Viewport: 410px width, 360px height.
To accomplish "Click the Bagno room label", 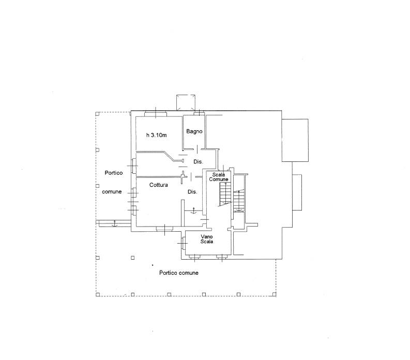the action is click(194, 131).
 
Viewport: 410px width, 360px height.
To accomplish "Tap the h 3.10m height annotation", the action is click(156, 135).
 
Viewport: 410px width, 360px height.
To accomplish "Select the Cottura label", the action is click(158, 185).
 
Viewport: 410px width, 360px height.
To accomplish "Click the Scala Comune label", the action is click(219, 177).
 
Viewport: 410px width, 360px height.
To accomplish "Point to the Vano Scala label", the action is click(207, 239).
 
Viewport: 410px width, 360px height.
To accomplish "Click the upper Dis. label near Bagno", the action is click(198, 162).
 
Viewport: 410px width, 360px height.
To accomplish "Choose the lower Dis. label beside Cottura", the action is click(192, 192).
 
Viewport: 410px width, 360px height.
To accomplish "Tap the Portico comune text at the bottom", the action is click(179, 273).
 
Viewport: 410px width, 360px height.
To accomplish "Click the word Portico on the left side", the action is click(113, 173).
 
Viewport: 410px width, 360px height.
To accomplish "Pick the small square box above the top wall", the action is click(186, 102).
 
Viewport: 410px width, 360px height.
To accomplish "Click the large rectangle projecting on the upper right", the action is click(295, 140).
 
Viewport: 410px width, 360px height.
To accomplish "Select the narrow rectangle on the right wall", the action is click(297, 192).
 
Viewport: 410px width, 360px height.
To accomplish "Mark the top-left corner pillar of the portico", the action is click(97, 114).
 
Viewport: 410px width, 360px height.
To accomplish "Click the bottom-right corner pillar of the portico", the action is click(274, 294).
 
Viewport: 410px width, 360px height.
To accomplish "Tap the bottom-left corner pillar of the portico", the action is click(98, 295).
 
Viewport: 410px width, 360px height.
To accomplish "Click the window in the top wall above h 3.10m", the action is click(156, 114).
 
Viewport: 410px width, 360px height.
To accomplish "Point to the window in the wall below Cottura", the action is click(164, 229).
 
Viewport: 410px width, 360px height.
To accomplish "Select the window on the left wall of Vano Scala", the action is click(184, 243).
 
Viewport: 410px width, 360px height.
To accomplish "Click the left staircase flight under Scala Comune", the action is click(225, 193).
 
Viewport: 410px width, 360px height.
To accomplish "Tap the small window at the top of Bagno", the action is click(199, 113).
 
